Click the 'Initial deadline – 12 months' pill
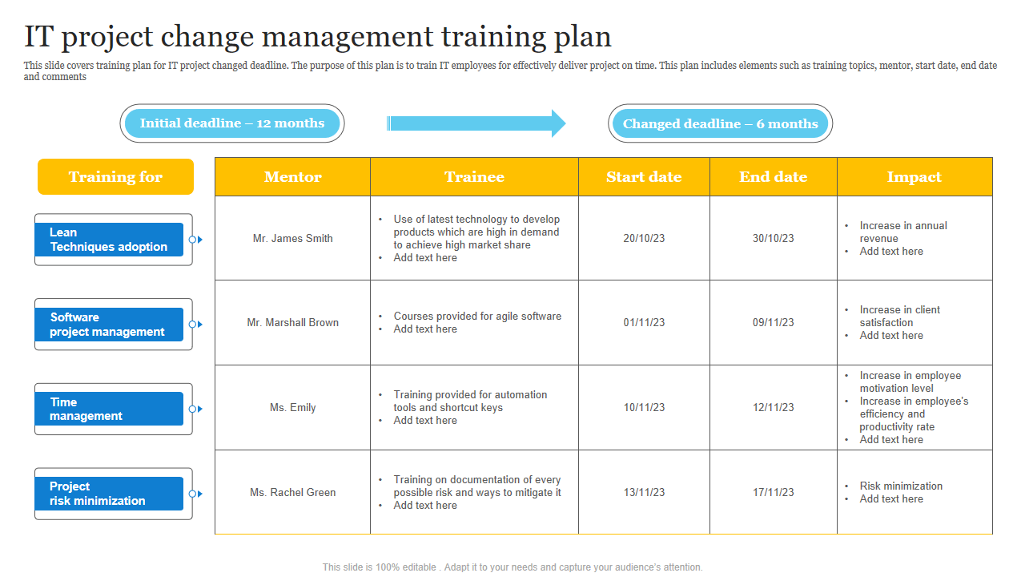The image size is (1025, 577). click(232, 123)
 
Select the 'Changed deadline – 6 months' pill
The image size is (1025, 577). click(720, 123)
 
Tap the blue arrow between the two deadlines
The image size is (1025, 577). click(476, 123)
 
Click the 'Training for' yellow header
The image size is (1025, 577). click(116, 177)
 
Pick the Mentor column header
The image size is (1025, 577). click(293, 177)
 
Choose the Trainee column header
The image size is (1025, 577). click(475, 177)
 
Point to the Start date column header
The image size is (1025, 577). click(645, 177)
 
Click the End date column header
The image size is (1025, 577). click(774, 177)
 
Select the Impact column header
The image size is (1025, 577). click(914, 177)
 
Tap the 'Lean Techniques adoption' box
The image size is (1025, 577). click(109, 240)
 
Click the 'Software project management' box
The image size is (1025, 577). click(109, 325)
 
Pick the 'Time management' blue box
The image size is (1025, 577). click(109, 409)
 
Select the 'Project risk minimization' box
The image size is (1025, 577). click(109, 494)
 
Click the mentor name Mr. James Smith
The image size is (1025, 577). click(293, 239)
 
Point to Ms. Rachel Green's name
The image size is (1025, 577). click(293, 493)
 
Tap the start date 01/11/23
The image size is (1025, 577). click(644, 323)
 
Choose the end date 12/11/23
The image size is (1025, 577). click(774, 408)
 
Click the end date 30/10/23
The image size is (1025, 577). click(774, 239)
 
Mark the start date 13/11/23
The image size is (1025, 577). click(644, 493)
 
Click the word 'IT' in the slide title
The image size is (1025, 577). click(39, 37)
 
